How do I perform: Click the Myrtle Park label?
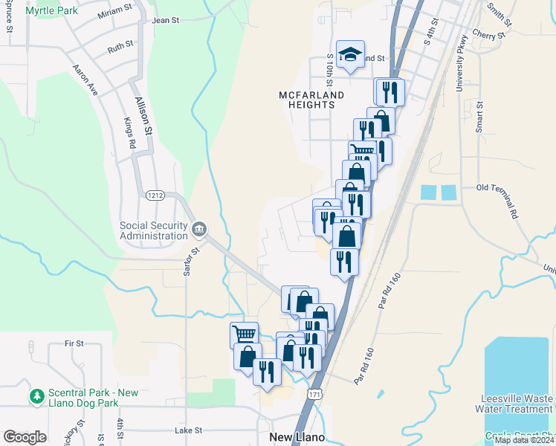(52, 11)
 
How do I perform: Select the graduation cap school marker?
(350, 54)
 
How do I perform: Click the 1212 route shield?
(154, 195)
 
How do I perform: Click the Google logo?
(25, 436)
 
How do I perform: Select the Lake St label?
(188, 430)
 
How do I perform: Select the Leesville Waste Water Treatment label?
(516, 403)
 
